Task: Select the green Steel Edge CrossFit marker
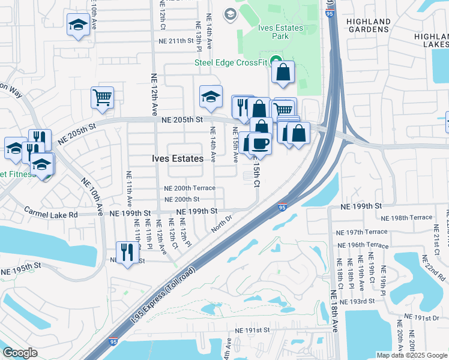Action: pos(276,61)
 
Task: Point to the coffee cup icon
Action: pos(260,143)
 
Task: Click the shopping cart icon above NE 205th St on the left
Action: pos(103,97)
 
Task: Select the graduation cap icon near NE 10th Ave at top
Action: pos(77,25)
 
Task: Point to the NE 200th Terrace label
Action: pos(190,188)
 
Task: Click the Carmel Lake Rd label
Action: pos(51,213)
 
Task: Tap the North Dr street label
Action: pos(221,224)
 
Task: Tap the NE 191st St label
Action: pos(253,330)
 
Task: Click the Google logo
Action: pos(20,352)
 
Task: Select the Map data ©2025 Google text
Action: pos(412,355)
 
